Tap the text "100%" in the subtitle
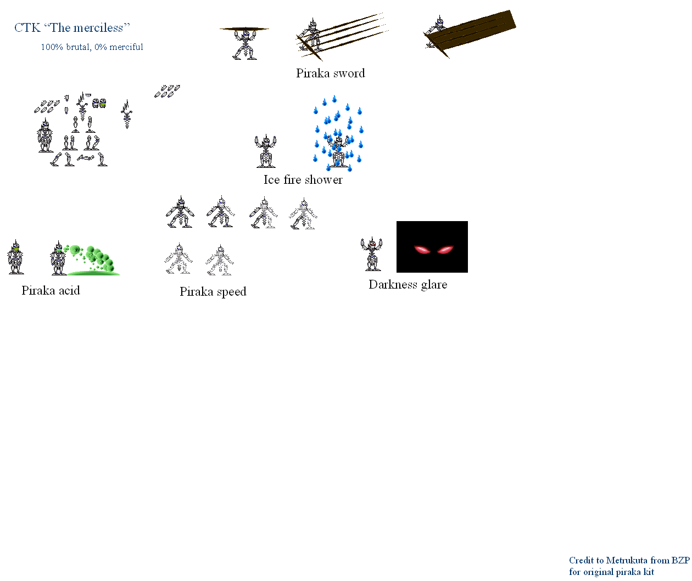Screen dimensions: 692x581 pyautogui.click(x=52, y=47)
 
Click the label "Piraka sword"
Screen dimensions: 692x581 pyautogui.click(x=331, y=73)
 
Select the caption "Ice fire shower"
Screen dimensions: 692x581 pyautogui.click(x=303, y=179)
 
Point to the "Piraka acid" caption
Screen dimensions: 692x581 pyautogui.click(x=51, y=290)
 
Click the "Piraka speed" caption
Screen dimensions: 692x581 pyautogui.click(x=213, y=292)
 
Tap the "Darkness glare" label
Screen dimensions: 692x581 pyautogui.click(x=408, y=284)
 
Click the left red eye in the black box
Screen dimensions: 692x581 pyautogui.click(x=422, y=249)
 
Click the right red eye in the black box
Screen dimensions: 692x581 pyautogui.click(x=445, y=249)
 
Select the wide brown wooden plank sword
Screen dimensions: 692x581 pyautogui.click(x=471, y=32)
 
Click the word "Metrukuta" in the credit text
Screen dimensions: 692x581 pyautogui.click(x=627, y=560)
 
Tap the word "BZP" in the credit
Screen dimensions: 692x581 pyautogui.click(x=680, y=560)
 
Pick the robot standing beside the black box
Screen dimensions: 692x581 pyautogui.click(x=371, y=254)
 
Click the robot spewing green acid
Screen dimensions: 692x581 pyautogui.click(x=58, y=258)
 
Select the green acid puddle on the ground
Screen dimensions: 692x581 pyautogui.click(x=93, y=273)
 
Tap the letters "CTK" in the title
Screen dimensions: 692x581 pyautogui.click(x=27, y=28)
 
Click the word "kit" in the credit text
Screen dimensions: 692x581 pyautogui.click(x=649, y=572)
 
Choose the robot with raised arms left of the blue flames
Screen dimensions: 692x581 pyautogui.click(x=265, y=151)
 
